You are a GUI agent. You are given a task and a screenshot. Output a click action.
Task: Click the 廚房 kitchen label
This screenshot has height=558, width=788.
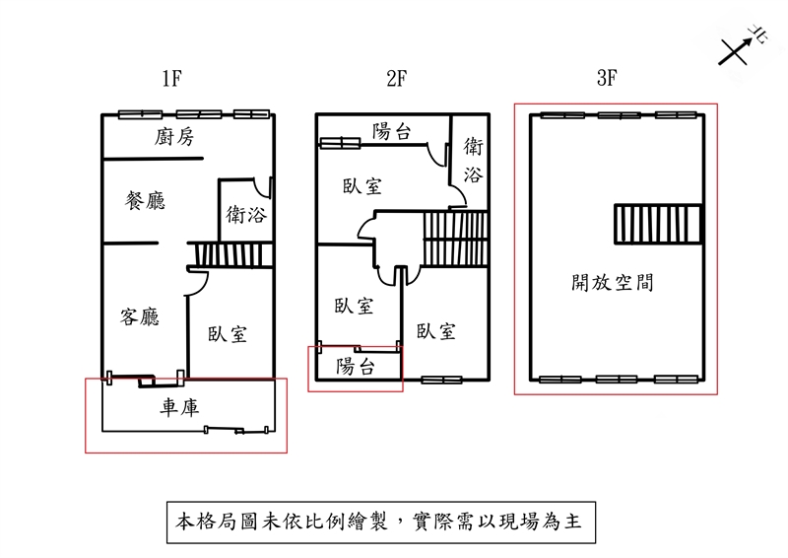[x=176, y=137]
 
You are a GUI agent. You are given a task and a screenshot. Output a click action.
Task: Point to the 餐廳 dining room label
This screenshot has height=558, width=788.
[x=145, y=201]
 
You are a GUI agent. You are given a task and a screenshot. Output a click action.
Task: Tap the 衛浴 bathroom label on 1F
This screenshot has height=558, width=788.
[x=246, y=214]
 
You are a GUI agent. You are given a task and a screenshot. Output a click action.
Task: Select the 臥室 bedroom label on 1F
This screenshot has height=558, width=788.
[x=227, y=335]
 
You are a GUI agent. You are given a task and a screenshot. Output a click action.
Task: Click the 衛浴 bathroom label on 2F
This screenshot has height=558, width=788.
[x=474, y=162]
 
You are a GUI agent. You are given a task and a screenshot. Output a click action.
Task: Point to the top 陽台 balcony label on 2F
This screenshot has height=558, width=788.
[x=392, y=131]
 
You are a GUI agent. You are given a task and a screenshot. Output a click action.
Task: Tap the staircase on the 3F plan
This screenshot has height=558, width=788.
[x=656, y=224]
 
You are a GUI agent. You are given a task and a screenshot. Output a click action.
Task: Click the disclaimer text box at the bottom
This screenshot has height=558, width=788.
[x=379, y=521]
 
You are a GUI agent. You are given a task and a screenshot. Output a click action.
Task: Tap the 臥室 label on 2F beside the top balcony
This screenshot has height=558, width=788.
[x=362, y=186]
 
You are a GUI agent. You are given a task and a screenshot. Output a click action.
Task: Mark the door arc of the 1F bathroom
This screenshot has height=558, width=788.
[x=262, y=188]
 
